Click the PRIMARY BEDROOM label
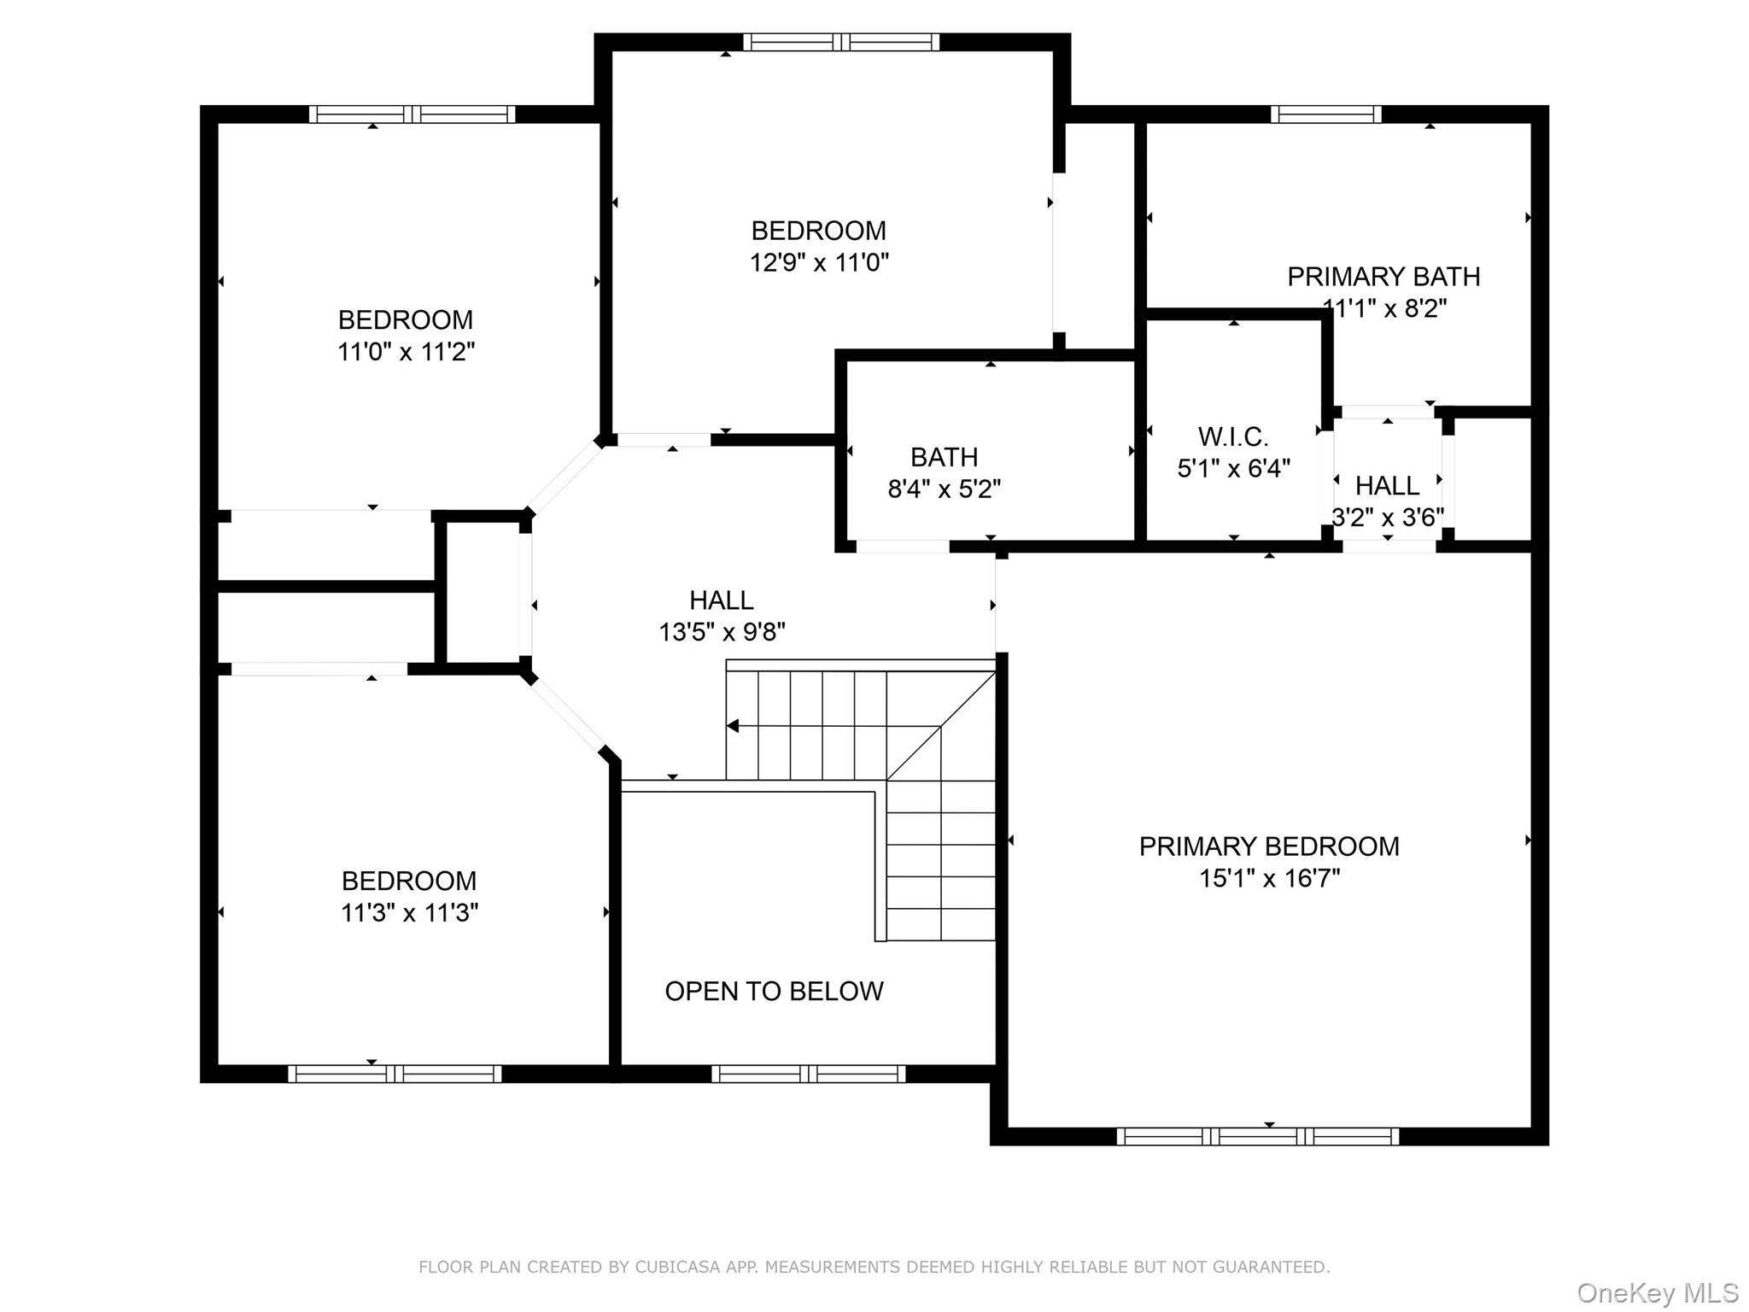click(x=1269, y=846)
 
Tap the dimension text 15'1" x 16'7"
click(x=1269, y=878)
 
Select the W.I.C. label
click(x=1232, y=437)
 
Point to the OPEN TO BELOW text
click(x=774, y=991)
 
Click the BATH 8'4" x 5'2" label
click(x=944, y=472)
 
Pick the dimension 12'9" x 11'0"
click(x=819, y=262)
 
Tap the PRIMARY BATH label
click(x=1383, y=277)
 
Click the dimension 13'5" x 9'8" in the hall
click(x=722, y=632)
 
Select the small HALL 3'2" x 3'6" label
click(x=1387, y=501)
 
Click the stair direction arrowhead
click(x=733, y=726)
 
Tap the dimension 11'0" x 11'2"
click(x=406, y=351)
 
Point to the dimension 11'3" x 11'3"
click(x=409, y=913)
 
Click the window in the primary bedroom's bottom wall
click(x=1257, y=1136)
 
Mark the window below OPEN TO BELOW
click(x=808, y=1074)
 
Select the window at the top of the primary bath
click(x=1325, y=114)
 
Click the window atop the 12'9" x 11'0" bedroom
click(x=840, y=42)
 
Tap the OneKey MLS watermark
click(x=1657, y=1293)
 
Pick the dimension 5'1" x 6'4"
click(x=1232, y=469)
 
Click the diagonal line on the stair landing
click(x=941, y=726)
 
